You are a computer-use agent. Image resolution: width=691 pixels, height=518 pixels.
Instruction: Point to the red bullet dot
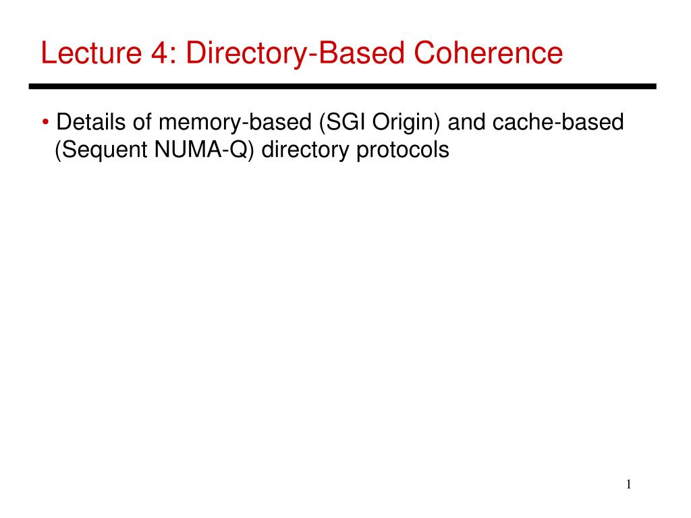(45, 123)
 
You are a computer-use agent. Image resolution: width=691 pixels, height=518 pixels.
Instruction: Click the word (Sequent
(101, 150)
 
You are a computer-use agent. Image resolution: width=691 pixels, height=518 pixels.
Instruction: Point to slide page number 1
(628, 484)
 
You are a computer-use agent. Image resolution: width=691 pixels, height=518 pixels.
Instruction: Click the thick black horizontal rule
(343, 86)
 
